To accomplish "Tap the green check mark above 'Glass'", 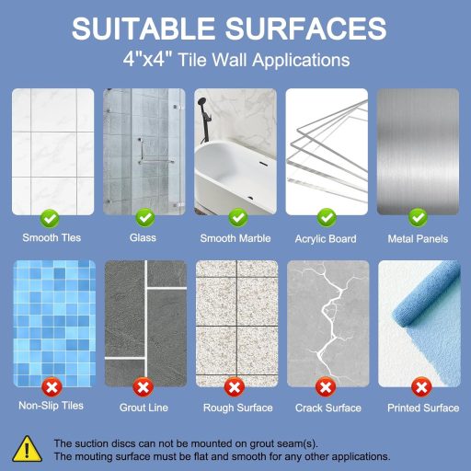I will pyautogui.click(x=144, y=218).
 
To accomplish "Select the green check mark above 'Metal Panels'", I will pyautogui.click(x=418, y=218).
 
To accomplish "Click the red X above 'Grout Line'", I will pyautogui.click(x=144, y=386).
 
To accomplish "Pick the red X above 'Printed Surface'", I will pyautogui.click(x=421, y=386).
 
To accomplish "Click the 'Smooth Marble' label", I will pyautogui.click(x=236, y=238).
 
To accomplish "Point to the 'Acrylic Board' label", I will pyautogui.click(x=327, y=238).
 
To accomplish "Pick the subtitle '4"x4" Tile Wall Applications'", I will pyautogui.click(x=235, y=61).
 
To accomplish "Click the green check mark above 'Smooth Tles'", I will pyautogui.click(x=52, y=218).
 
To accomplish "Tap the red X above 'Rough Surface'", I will pyautogui.click(x=235, y=386).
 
